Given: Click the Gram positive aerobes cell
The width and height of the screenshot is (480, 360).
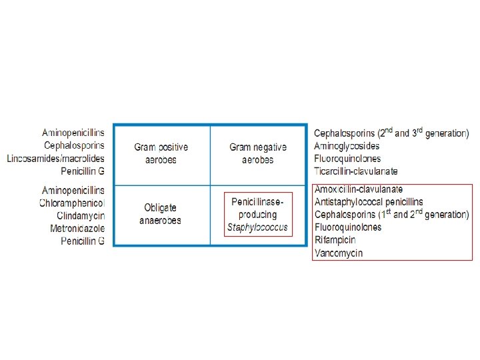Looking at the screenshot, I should click(161, 153).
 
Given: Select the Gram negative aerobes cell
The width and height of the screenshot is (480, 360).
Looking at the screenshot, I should click(258, 153).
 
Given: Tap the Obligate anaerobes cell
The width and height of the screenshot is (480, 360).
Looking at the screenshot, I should click(160, 214).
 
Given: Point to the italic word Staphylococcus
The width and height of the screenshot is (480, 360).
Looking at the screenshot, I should click(258, 227).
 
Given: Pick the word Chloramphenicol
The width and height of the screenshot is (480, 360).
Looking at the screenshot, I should click(72, 203).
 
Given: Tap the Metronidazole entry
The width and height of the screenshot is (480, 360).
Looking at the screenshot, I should click(77, 228).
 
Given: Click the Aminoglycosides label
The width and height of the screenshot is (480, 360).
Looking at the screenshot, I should click(347, 146).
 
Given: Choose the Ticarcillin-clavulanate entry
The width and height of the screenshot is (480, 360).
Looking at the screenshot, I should click(356, 171).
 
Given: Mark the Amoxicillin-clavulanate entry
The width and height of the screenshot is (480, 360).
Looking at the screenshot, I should click(358, 189).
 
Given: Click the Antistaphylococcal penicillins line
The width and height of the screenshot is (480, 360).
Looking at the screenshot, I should click(368, 202).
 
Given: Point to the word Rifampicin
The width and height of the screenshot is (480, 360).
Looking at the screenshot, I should click(335, 240).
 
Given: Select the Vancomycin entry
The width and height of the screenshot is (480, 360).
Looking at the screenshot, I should click(338, 253).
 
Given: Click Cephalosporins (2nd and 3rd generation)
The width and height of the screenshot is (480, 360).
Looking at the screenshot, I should click(391, 133).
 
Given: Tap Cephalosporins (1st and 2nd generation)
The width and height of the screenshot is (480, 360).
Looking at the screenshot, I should click(391, 215).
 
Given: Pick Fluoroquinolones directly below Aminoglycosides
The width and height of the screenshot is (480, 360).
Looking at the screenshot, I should click(347, 159).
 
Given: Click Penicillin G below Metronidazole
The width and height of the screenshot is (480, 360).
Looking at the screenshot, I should click(83, 241).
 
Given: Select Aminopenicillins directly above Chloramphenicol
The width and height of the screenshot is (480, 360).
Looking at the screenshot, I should click(73, 190).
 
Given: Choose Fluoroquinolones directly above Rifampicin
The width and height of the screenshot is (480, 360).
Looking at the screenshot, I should click(347, 227).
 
